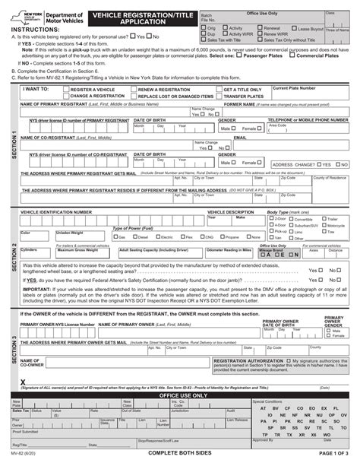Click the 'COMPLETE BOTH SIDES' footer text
pos(179,455)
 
